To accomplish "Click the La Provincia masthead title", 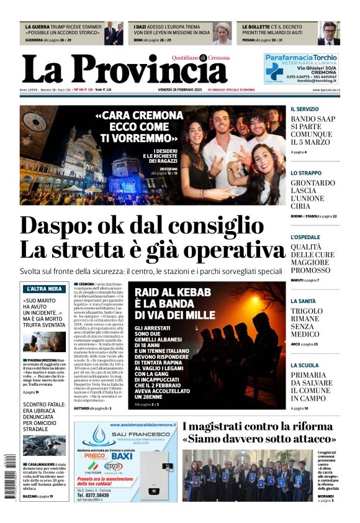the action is pyautogui.click(x=124, y=69).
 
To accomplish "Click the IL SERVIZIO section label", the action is pyautogui.click(x=304, y=109).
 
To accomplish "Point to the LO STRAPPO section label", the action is pyautogui.click(x=306, y=173).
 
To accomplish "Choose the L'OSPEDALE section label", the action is pyautogui.click(x=307, y=237).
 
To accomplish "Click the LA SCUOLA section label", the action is pyautogui.click(x=304, y=366).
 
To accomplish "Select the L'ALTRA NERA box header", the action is pyautogui.click(x=43, y=289).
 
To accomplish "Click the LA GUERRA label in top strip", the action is pyautogui.click(x=37, y=28).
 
